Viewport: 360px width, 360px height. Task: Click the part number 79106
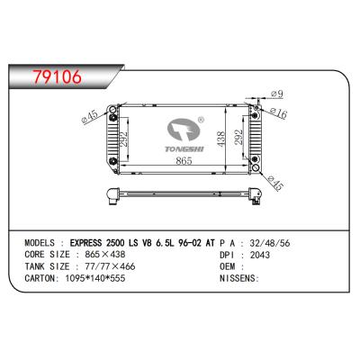click(58, 76)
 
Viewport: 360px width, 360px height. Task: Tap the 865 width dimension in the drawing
click(184, 161)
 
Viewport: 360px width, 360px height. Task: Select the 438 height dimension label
click(220, 139)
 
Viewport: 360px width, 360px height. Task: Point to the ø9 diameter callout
click(276, 94)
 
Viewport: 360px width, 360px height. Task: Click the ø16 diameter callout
click(278, 112)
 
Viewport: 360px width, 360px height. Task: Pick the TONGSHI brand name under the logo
click(184, 149)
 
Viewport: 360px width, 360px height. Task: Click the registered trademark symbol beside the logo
click(201, 120)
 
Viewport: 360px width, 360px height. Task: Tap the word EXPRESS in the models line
click(85, 243)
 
